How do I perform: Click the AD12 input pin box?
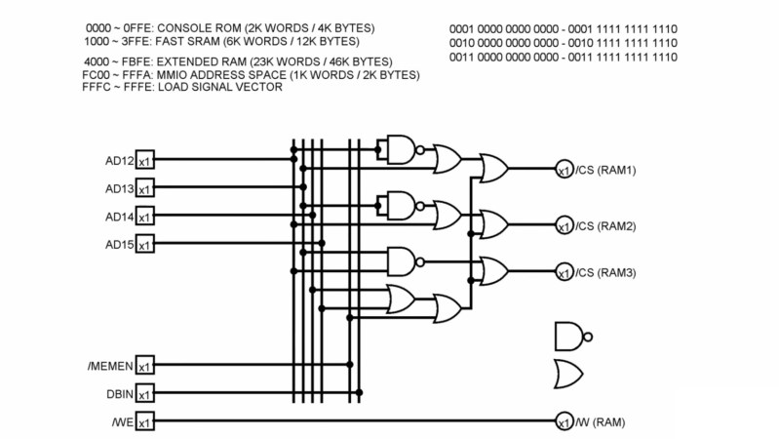[144, 160]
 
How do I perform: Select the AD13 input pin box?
[144, 188]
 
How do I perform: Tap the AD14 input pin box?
[144, 216]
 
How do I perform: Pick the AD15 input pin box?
[144, 244]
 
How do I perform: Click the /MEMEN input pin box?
[144, 366]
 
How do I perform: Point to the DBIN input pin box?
[144, 394]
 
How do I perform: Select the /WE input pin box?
[144, 422]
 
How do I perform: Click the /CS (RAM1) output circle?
[564, 170]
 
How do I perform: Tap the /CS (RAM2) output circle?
[564, 225]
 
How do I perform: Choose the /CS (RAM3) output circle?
[564, 272]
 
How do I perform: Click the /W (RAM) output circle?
[564, 422]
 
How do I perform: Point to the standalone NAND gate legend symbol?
[571, 336]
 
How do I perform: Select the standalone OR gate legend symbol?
[568, 374]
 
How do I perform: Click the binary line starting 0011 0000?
[564, 58]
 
